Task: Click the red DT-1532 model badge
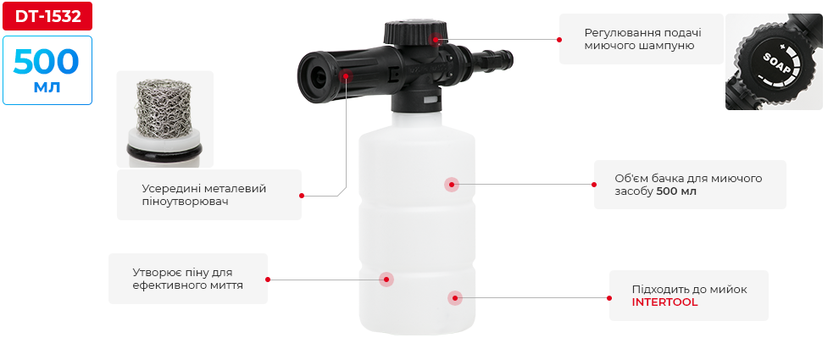coord(47,16)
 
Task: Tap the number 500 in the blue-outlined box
coord(46,62)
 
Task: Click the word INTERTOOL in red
coord(664,302)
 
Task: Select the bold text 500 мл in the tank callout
coord(676,191)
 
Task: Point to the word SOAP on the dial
coord(776,64)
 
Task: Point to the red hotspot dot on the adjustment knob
coord(436,39)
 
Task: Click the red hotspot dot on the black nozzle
coord(347,76)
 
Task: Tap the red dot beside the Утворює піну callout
coord(268,280)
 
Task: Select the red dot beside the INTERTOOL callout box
coord(609,298)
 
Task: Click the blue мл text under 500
coord(47,86)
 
